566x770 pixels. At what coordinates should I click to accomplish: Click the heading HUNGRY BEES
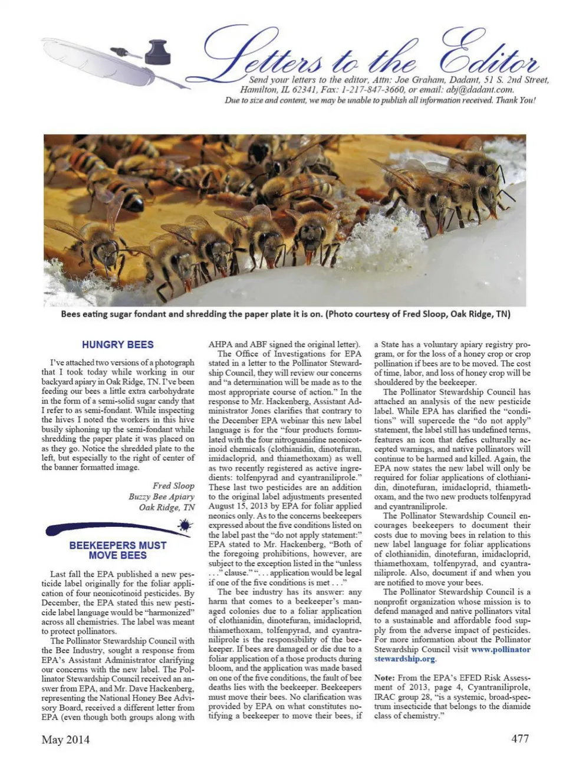(x=118, y=345)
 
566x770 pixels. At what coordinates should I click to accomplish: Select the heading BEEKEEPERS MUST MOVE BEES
(x=118, y=551)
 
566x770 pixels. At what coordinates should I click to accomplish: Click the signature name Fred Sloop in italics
(x=173, y=486)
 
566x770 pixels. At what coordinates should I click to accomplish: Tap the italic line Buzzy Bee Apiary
(x=162, y=497)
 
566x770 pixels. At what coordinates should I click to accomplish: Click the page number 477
(x=520, y=739)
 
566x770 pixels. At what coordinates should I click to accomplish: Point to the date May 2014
(x=65, y=739)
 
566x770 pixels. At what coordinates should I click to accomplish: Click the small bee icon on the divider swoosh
(x=185, y=525)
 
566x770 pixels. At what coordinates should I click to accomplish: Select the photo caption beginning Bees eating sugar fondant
(x=285, y=314)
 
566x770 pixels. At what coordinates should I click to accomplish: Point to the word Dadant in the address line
(x=460, y=80)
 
